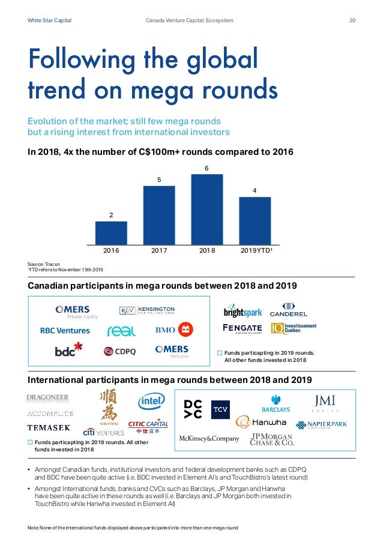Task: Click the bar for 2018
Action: click(207, 209)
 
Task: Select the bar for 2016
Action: click(111, 233)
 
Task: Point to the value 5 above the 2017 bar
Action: click(159, 179)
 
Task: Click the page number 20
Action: click(352, 20)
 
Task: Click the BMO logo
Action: click(173, 330)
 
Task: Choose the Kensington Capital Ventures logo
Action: click(146, 311)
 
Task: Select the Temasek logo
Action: click(49, 428)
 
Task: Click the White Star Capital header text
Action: click(49, 20)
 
